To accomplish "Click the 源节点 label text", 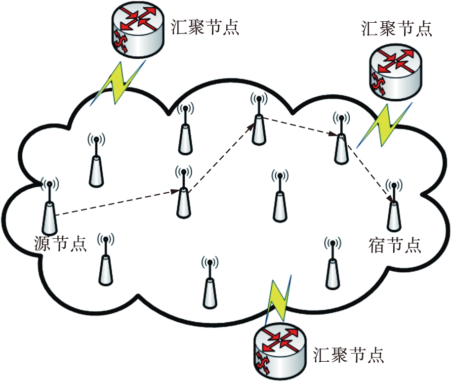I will click(60, 244).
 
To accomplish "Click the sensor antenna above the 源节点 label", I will click(49, 208).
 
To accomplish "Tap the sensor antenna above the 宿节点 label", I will click(393, 208).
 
